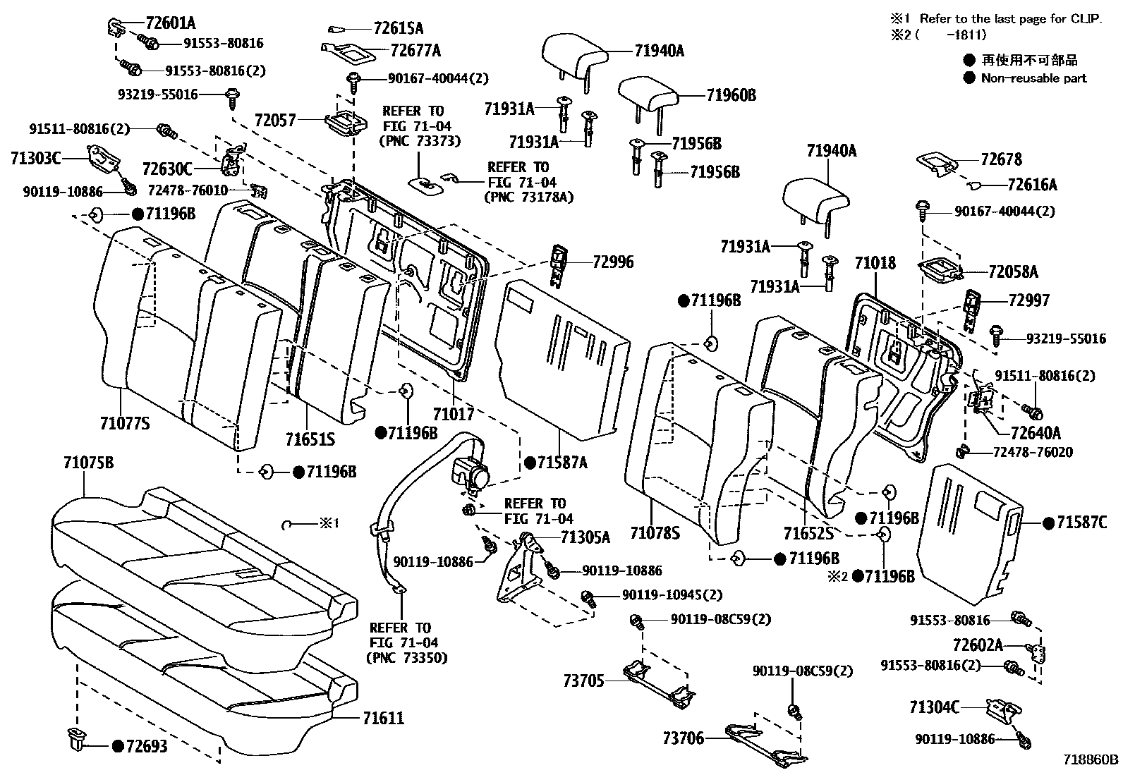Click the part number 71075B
pos(88,463)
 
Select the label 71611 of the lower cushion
pos(383,719)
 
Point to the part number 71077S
pos(125,423)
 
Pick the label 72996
pos(613,262)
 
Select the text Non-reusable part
pos(1033,78)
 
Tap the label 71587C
pos(1081,523)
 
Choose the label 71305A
pos(585,537)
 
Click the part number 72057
pos(275,121)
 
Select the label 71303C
pos(36,158)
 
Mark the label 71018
pos(875,264)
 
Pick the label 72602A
pos(978,645)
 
